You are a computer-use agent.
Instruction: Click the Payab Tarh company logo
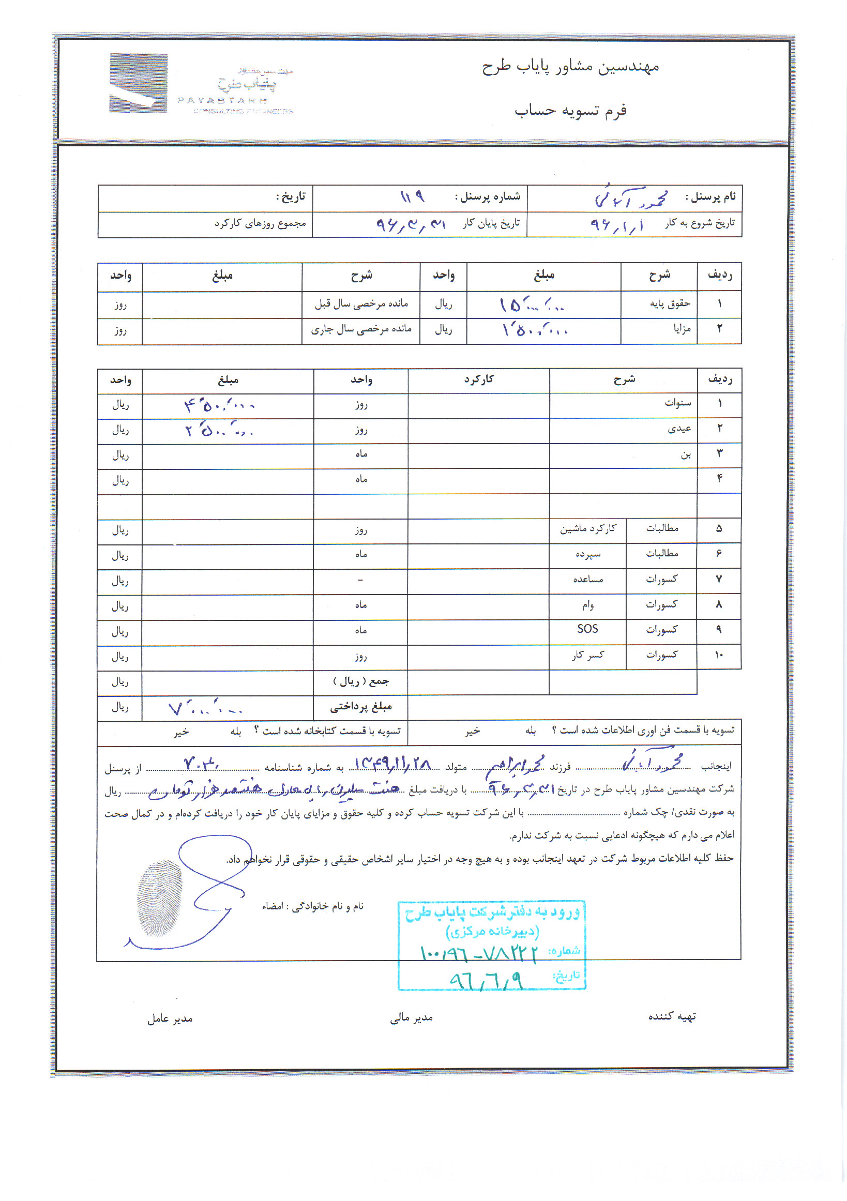coord(138,83)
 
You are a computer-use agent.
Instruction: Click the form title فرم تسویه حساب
coord(570,111)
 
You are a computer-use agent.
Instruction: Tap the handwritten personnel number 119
coord(412,196)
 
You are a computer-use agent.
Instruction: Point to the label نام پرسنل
coord(710,196)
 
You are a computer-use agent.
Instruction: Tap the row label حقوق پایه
coord(670,303)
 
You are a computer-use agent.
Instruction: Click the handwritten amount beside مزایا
coord(534,330)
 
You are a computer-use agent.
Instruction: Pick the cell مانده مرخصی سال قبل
coord(361,303)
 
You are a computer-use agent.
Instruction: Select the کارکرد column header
coord(478,379)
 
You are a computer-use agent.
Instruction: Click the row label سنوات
coord(677,403)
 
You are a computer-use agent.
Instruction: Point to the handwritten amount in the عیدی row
coord(219,431)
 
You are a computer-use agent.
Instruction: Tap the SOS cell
coord(587,629)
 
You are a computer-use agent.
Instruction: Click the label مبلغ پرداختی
coord(360,707)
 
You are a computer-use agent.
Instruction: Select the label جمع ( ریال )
coord(360,681)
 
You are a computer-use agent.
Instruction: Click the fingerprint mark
coord(159,898)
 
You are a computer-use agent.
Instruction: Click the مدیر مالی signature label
coord(411,1017)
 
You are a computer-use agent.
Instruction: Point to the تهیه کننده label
coord(672,1016)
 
